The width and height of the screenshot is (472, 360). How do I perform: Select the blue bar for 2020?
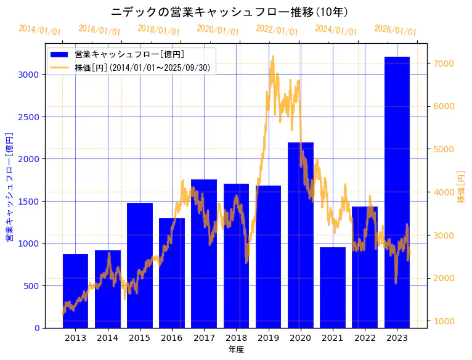point(301,235)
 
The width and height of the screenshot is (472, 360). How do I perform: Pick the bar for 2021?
point(333,287)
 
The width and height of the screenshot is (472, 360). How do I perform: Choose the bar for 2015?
point(140,265)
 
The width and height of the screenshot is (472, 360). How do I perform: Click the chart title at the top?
point(230,12)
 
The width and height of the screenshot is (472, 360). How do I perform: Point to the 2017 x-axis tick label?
point(204,337)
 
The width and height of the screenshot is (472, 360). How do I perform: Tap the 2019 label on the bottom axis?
point(268,337)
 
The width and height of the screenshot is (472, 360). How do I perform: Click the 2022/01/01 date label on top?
point(277,30)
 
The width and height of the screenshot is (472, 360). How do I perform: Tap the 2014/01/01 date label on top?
point(40,30)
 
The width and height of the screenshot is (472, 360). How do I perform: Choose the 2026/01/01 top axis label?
point(395,30)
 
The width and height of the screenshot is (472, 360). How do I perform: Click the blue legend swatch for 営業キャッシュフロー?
point(59,55)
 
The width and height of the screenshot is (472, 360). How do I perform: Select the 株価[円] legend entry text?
point(145,68)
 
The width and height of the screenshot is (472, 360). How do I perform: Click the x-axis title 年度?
point(236,350)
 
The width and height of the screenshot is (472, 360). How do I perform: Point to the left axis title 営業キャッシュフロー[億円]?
point(9,186)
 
